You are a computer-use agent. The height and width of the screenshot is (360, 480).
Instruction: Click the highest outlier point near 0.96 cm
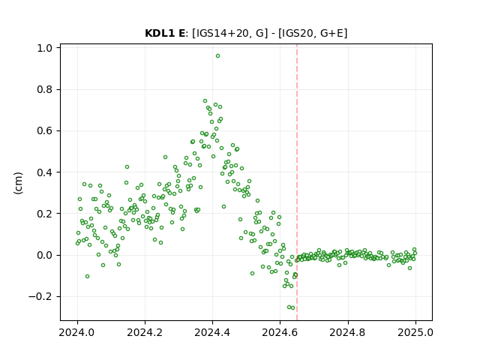click(217, 56)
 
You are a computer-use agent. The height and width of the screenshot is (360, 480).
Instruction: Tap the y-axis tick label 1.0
click(44, 48)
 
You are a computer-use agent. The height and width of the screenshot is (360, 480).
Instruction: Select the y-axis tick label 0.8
click(44, 90)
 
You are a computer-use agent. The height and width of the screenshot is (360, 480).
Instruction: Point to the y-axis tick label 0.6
click(44, 131)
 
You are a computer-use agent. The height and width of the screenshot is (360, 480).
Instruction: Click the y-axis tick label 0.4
click(44, 172)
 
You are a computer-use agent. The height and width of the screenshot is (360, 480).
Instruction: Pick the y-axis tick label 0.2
click(44, 214)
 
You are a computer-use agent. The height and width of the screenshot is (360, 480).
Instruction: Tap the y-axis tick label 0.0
click(44, 255)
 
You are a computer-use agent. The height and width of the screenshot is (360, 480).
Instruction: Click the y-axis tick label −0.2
click(40, 297)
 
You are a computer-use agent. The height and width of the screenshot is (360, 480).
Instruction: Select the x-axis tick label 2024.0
click(77, 332)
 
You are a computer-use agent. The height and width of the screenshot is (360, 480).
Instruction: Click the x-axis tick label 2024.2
click(145, 332)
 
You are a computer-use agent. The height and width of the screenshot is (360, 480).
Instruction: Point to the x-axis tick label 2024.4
click(212, 332)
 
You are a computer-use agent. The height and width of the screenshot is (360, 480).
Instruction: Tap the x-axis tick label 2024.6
click(280, 332)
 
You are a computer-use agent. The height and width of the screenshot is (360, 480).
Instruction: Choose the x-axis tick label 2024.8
click(348, 332)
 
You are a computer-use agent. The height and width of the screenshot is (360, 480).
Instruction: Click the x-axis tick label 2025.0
click(415, 332)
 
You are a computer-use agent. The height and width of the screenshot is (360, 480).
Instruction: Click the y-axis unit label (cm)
click(18, 183)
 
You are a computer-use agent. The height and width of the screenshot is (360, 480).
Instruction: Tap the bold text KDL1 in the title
click(160, 33)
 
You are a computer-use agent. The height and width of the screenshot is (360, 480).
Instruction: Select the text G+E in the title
click(331, 33)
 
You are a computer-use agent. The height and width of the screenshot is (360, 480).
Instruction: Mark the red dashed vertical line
click(297, 182)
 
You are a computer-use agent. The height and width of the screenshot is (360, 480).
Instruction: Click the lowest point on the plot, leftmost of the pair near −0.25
click(289, 307)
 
